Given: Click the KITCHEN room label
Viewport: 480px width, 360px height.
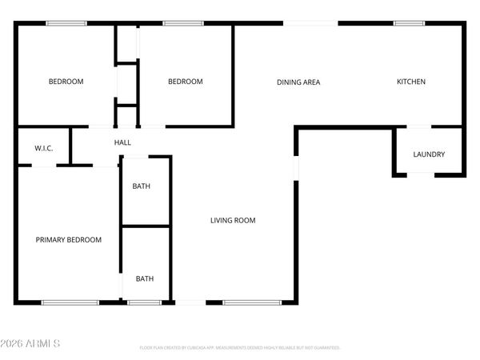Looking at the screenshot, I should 412,82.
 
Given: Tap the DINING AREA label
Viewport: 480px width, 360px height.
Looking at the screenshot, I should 298,82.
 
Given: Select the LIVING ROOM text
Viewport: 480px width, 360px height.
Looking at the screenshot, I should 233,221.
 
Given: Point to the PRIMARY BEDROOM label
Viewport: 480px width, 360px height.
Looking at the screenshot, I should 68,240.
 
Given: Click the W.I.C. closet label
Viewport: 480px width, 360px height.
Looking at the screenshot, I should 43,149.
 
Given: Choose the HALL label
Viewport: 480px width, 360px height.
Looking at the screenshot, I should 122,142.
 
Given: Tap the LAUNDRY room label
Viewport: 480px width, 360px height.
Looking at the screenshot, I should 429,154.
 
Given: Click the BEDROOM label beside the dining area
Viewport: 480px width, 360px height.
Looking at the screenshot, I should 185,82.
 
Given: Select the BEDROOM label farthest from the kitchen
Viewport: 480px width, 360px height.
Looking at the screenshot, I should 66,82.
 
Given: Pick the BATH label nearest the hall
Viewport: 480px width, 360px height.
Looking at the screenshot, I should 141,186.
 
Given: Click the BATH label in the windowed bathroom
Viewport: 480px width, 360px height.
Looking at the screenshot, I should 145,278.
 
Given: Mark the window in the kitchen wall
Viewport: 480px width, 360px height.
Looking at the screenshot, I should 409,23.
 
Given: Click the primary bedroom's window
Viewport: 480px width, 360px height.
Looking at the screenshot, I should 70,302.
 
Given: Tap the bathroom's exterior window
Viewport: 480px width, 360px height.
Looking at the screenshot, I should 144,302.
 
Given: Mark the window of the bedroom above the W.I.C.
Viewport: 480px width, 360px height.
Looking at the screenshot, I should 66,23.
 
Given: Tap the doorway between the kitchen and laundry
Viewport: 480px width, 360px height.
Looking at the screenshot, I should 418,127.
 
